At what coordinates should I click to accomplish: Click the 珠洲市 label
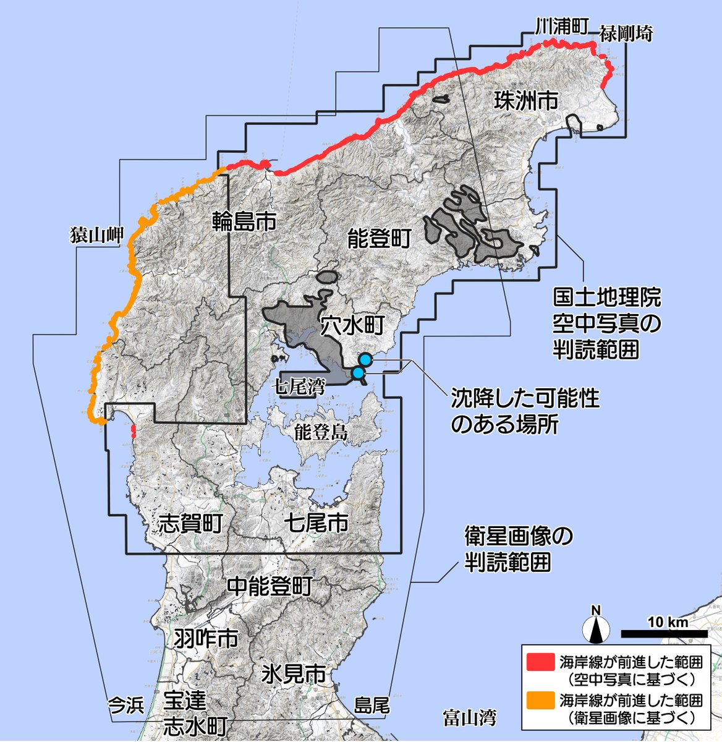pos(525,101)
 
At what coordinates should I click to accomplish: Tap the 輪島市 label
pos(244,221)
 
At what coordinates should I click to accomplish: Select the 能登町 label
pos(379,239)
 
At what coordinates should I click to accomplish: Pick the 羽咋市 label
pos(206,638)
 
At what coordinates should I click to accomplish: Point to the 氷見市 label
pos(294,673)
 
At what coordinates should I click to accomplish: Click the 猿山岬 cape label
pos(97,236)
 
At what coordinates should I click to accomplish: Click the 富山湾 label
pos(470,717)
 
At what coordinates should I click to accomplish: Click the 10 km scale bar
pos(664,634)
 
